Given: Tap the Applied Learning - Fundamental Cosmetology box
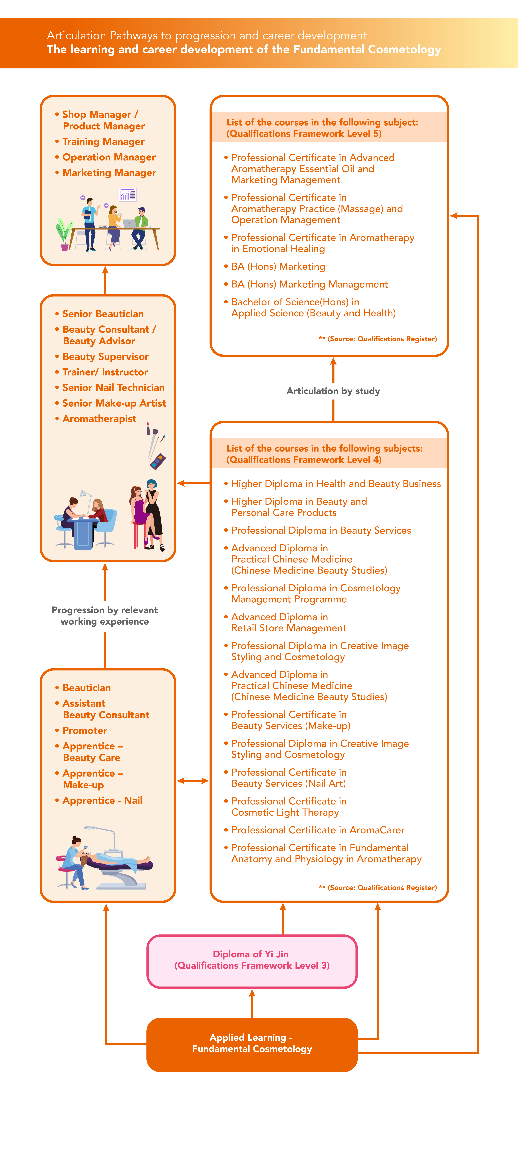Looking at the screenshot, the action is [x=252, y=1044].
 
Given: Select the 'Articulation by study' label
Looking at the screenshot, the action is [x=333, y=391].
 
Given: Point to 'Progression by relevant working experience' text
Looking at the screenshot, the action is [x=105, y=616].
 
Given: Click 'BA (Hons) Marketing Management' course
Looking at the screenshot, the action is [x=310, y=284].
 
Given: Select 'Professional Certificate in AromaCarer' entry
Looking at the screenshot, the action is [x=318, y=830].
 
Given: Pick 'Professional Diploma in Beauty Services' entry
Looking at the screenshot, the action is [x=321, y=531].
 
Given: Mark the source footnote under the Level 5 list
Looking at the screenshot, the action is [x=378, y=339].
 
